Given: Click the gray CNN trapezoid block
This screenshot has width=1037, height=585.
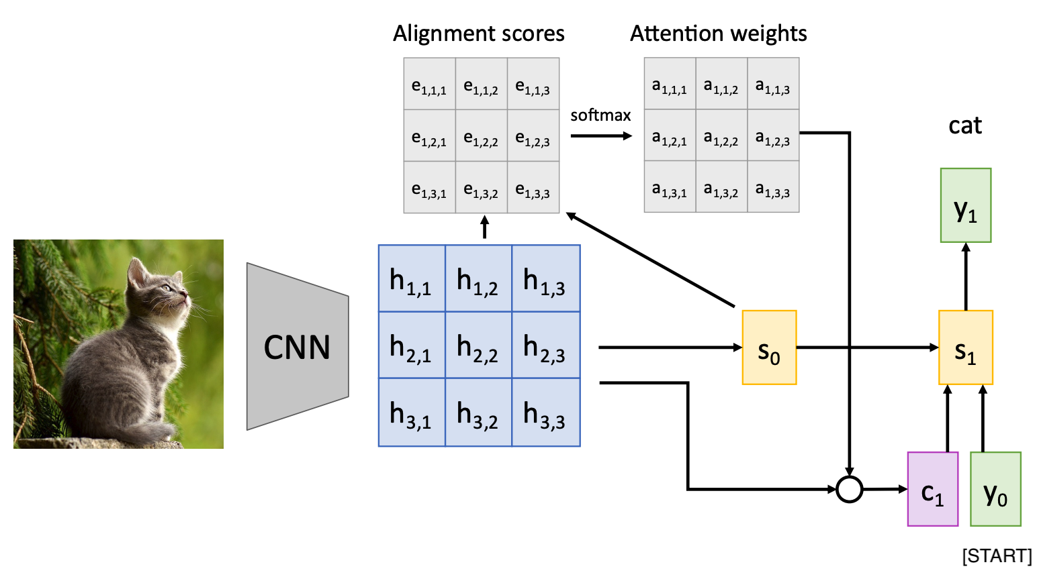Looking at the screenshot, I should [297, 347].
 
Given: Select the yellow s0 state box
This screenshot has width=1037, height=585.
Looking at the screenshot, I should [769, 348].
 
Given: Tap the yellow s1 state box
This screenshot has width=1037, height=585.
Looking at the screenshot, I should [965, 348].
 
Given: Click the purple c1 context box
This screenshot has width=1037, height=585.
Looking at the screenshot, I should [932, 489].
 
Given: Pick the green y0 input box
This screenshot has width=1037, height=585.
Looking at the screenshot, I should [995, 489].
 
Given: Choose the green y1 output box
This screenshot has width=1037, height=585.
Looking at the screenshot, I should [965, 205].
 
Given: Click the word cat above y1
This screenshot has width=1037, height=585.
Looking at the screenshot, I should [965, 125].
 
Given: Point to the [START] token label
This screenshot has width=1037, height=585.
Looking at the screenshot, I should [997, 556].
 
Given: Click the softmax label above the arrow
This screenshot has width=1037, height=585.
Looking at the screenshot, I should [600, 115].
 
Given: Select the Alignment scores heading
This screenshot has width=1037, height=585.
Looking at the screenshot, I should [479, 34].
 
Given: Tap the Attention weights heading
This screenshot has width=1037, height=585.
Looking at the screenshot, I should [718, 34].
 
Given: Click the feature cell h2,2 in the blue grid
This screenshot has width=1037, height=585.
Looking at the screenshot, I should [478, 345].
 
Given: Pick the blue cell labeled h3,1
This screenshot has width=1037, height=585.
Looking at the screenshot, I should [412, 413].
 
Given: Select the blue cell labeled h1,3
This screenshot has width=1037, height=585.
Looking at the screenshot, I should [545, 279].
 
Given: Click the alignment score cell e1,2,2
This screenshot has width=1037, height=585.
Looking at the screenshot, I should [481, 136].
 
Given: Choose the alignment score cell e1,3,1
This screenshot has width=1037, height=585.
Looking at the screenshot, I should [429, 187].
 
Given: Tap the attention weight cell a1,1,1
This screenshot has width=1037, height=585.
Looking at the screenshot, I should [670, 84].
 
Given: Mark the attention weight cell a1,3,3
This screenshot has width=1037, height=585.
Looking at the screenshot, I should [773, 187].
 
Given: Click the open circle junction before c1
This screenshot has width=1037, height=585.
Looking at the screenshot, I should [850, 489].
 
